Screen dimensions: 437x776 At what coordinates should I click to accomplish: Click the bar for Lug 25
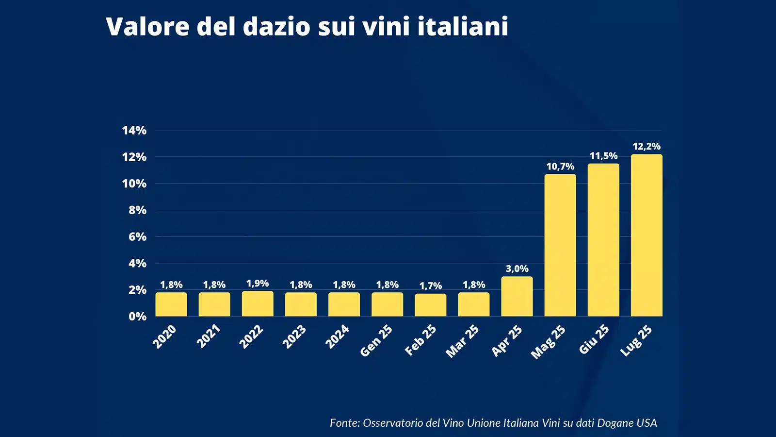(x=647, y=235)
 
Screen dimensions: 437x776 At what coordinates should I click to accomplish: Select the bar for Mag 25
(x=560, y=245)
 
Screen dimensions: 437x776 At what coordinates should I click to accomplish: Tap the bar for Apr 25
(x=517, y=297)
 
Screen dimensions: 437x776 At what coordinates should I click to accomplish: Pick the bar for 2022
(x=258, y=304)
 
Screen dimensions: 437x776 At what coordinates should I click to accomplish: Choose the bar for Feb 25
(x=430, y=305)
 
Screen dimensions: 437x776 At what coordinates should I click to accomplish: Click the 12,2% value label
(x=647, y=146)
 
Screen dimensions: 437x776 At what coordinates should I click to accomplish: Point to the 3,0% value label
(x=517, y=269)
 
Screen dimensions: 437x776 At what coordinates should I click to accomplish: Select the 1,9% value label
(x=258, y=283)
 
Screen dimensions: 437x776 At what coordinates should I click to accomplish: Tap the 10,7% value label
(x=560, y=167)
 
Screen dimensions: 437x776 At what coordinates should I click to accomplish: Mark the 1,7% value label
(x=431, y=286)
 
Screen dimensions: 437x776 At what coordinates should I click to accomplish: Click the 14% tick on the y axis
(x=134, y=130)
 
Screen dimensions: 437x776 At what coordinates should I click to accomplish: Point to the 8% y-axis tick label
(x=137, y=210)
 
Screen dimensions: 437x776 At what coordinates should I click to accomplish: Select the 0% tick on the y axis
(x=137, y=317)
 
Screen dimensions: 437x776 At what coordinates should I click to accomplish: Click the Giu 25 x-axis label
(x=594, y=339)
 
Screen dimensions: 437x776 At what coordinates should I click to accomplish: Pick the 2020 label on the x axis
(x=165, y=336)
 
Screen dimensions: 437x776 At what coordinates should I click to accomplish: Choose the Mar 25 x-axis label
(x=462, y=341)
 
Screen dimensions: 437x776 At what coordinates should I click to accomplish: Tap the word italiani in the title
(x=463, y=26)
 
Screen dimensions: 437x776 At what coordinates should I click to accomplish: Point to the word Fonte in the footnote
(x=344, y=423)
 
